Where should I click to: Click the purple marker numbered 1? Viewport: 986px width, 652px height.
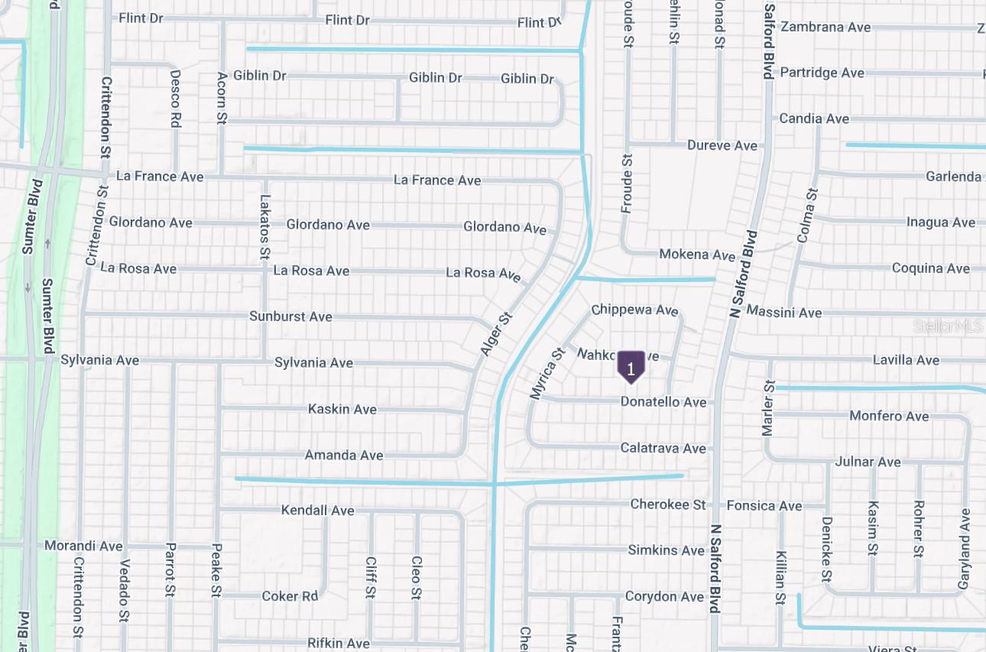(x=631, y=368)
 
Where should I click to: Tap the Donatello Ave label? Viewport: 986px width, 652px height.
(x=663, y=402)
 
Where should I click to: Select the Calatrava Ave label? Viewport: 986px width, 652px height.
(x=663, y=448)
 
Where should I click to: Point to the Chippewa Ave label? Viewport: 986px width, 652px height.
(x=634, y=310)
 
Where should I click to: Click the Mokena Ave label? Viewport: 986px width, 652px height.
(x=697, y=255)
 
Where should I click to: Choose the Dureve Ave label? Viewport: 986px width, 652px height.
(x=722, y=145)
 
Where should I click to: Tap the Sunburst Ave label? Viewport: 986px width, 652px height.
(x=290, y=316)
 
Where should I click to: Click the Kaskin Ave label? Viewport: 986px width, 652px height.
(x=342, y=409)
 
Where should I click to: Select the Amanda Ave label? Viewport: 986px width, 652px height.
(x=344, y=456)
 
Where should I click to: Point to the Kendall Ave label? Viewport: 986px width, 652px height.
(x=318, y=510)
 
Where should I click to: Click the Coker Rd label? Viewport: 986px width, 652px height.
(x=290, y=596)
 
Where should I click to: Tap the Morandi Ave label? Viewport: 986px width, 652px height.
(x=83, y=546)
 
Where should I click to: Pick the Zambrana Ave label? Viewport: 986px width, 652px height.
(x=825, y=27)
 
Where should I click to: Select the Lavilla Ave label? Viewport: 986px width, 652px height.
(x=906, y=360)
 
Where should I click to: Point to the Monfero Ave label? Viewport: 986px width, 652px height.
(x=889, y=417)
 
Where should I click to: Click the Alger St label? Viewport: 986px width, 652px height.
(x=496, y=333)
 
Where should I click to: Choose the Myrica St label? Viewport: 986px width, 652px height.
(x=547, y=373)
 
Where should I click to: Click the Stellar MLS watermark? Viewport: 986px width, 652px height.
(x=948, y=327)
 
